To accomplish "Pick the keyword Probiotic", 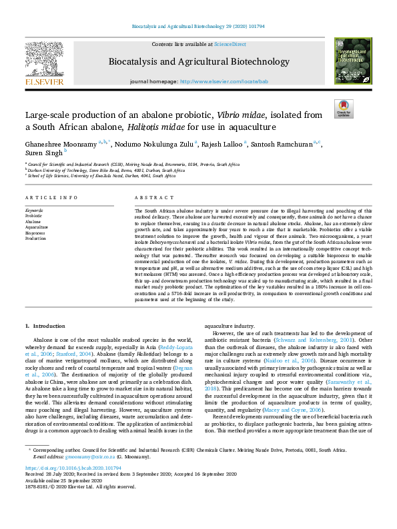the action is [x=33, y=216].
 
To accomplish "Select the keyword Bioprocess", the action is [x=35, y=232].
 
